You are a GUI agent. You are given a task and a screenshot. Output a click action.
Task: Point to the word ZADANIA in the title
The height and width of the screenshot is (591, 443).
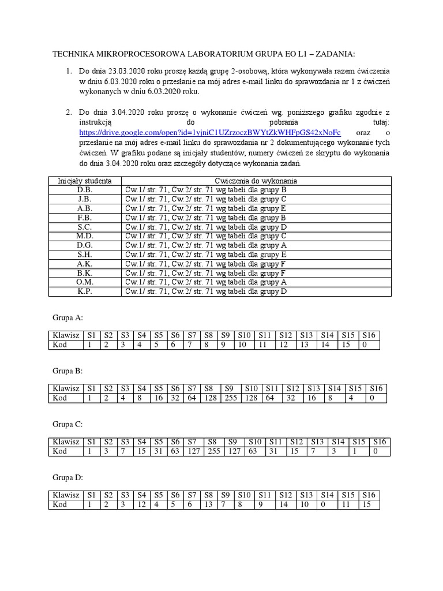[x=335, y=54]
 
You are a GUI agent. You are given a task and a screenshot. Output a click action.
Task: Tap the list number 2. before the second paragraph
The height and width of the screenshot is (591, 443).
[x=67, y=112]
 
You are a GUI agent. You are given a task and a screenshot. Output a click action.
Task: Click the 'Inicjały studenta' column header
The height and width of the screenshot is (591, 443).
[x=85, y=181]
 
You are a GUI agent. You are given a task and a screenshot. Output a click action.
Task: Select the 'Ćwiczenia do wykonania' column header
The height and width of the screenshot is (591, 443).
[x=256, y=181]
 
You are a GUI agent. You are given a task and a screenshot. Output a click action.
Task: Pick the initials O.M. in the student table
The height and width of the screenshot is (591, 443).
[x=85, y=282]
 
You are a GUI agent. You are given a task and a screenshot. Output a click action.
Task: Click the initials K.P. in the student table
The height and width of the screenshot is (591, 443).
[x=85, y=291]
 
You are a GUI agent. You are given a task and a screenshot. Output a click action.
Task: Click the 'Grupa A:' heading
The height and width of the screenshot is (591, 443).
[x=68, y=317]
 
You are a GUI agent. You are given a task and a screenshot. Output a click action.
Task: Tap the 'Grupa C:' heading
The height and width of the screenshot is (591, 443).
[x=68, y=424]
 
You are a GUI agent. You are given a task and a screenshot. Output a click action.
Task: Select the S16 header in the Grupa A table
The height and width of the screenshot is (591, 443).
[x=369, y=335]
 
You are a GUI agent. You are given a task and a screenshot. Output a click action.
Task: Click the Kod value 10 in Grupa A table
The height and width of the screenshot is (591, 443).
[x=243, y=345]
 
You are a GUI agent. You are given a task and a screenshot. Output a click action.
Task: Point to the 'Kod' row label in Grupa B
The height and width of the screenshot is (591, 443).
[x=60, y=398]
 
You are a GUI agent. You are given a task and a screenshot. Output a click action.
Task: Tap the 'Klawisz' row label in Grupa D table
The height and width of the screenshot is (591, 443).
[x=66, y=495]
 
